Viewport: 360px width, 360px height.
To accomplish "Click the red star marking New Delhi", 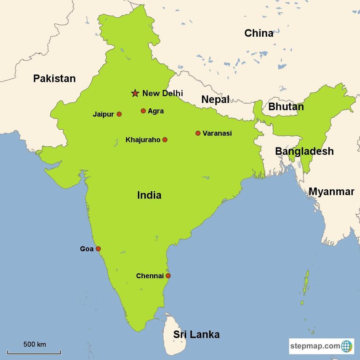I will click(135, 93).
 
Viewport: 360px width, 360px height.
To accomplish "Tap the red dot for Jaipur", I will click(119, 114).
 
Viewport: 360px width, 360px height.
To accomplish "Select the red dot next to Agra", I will click(143, 111).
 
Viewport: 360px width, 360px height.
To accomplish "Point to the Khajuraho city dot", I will click(165, 140).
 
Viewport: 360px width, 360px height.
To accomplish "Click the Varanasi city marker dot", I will click(198, 133).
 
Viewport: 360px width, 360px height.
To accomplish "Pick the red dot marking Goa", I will click(98, 249).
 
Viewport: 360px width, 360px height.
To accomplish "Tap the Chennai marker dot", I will click(168, 276).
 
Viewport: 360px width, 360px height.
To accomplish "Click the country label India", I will click(149, 195).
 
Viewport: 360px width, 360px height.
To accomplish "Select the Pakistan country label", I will click(54, 79).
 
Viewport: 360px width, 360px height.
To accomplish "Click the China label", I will click(259, 33).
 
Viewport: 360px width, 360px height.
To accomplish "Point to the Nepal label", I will click(215, 99).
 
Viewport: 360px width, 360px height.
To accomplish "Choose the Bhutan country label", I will click(286, 106).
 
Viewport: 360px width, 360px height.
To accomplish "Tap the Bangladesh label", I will click(304, 151).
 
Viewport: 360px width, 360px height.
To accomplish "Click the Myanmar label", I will click(331, 192).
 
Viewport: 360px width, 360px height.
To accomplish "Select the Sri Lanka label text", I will click(196, 334).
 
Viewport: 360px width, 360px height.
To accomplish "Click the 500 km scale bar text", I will click(34, 344).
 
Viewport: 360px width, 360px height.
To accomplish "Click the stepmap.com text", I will click(315, 346).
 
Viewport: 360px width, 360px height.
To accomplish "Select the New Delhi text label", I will click(163, 93).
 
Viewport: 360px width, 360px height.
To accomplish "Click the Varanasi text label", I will click(217, 134).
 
